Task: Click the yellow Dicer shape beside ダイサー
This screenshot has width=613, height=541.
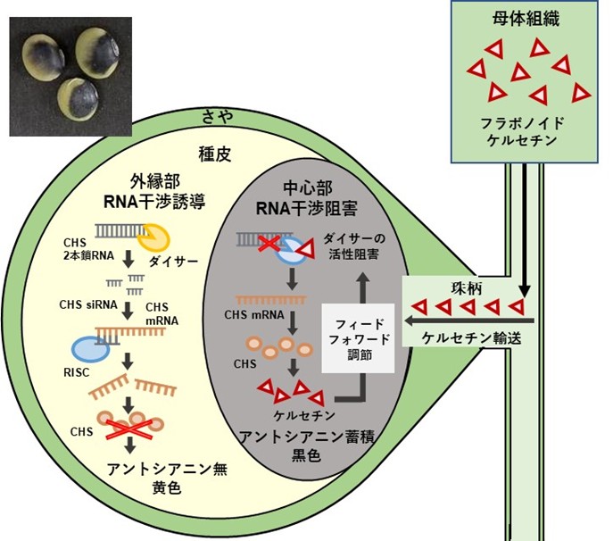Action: tap(153, 237)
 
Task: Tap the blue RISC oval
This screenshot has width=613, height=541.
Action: tap(91, 349)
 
